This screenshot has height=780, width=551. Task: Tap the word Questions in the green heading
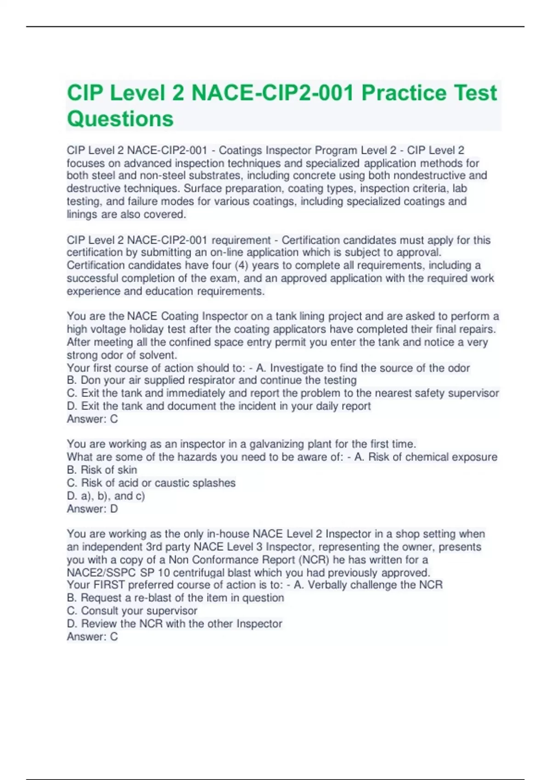pos(120,119)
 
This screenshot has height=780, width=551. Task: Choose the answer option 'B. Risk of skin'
pos(101,470)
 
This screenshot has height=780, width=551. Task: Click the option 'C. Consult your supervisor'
pos(132,611)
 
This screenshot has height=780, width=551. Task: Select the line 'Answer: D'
pos(92,509)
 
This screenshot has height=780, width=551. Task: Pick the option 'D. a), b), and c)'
pos(106,496)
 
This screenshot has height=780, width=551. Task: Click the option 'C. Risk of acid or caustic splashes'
pos(151,483)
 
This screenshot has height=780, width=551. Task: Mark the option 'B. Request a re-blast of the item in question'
pos(175,598)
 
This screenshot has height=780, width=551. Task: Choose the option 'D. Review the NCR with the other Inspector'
pos(174,624)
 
